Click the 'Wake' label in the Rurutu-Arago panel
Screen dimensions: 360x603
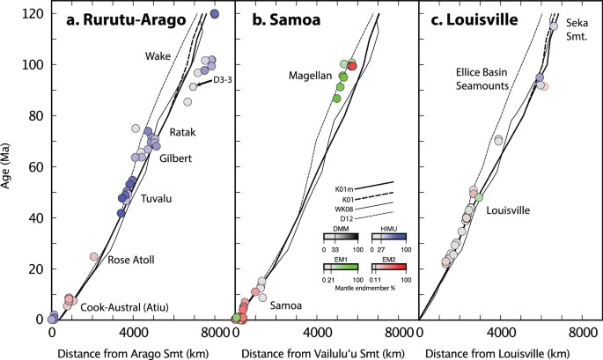158,56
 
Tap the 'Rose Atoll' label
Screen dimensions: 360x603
132,261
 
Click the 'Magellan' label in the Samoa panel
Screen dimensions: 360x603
309,77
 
